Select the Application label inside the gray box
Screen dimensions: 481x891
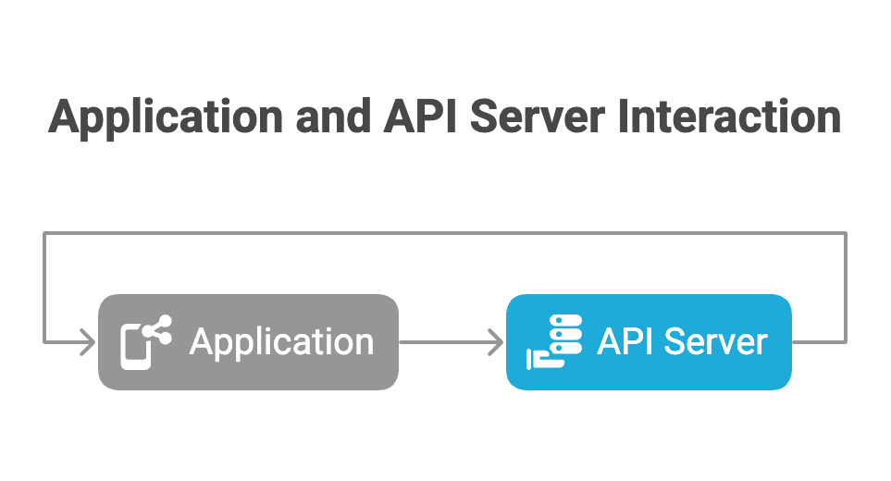[x=281, y=342]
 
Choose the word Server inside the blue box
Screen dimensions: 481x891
[x=717, y=342]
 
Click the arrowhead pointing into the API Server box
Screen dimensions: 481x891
[x=496, y=342]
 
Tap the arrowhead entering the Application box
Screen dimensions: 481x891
[x=89, y=342]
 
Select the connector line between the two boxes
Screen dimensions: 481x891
[x=449, y=342]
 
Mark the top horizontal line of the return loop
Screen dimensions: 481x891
[x=444, y=233]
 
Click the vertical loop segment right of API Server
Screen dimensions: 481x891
[x=845, y=287]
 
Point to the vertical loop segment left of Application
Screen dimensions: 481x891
[x=44, y=287]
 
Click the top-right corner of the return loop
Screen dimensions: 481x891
[x=845, y=233]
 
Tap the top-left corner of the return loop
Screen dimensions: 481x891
[x=44, y=233]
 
